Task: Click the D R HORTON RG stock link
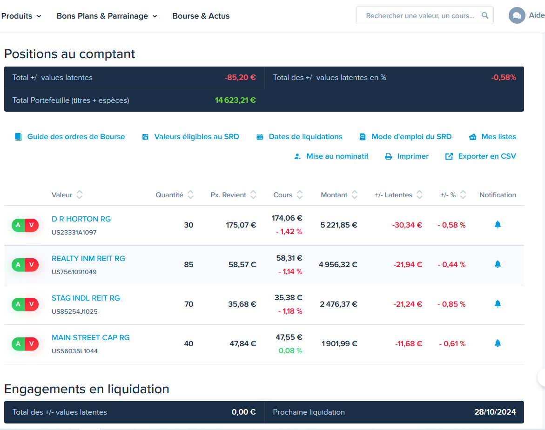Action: point(81,219)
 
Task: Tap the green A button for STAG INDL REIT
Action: point(19,304)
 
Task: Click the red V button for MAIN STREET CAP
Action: point(32,344)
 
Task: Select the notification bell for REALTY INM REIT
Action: point(498,264)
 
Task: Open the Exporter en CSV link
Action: point(480,156)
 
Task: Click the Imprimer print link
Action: point(407,156)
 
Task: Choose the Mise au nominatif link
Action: point(331,156)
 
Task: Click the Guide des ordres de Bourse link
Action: point(69,137)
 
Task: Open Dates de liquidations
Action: point(299,137)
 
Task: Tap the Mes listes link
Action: point(492,137)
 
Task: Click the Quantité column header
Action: point(169,195)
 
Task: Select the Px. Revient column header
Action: point(229,195)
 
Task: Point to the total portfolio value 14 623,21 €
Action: point(235,100)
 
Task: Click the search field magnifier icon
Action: point(485,15)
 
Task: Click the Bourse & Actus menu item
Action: point(201,16)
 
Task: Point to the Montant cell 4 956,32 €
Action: point(338,264)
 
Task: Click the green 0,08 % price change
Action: point(290,351)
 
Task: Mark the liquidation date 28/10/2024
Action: point(495,412)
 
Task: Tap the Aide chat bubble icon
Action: point(517,15)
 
